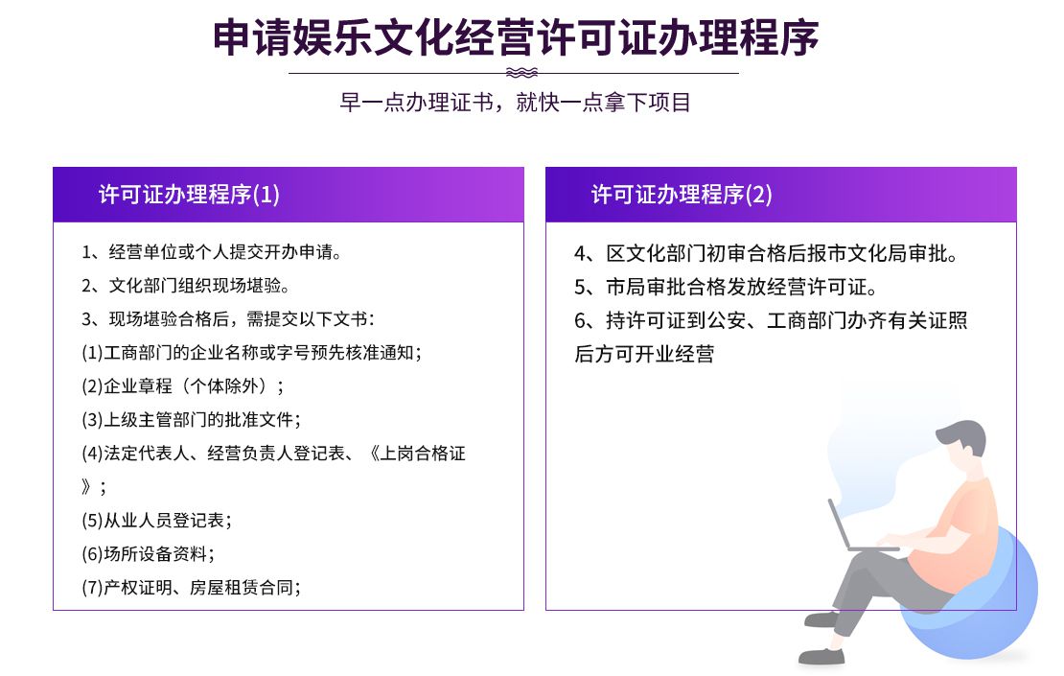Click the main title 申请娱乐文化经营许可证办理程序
click(516, 37)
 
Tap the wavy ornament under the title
click(521, 73)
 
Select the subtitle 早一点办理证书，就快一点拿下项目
click(515, 103)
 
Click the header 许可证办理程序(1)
click(189, 195)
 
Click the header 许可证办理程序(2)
click(682, 195)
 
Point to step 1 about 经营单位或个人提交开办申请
click(212, 252)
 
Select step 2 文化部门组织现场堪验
click(186, 286)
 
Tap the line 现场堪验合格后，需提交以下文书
click(228, 319)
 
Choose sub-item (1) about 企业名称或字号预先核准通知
click(252, 353)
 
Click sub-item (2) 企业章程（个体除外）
click(183, 386)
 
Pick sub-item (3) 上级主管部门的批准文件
click(192, 419)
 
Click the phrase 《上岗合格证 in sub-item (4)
click(417, 454)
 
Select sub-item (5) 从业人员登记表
click(157, 521)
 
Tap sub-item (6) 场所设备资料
click(148, 554)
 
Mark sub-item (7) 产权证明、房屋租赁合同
click(192, 587)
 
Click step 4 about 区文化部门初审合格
click(766, 254)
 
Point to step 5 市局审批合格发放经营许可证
click(726, 287)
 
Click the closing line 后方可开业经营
click(644, 354)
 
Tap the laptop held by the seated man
click(856, 528)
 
